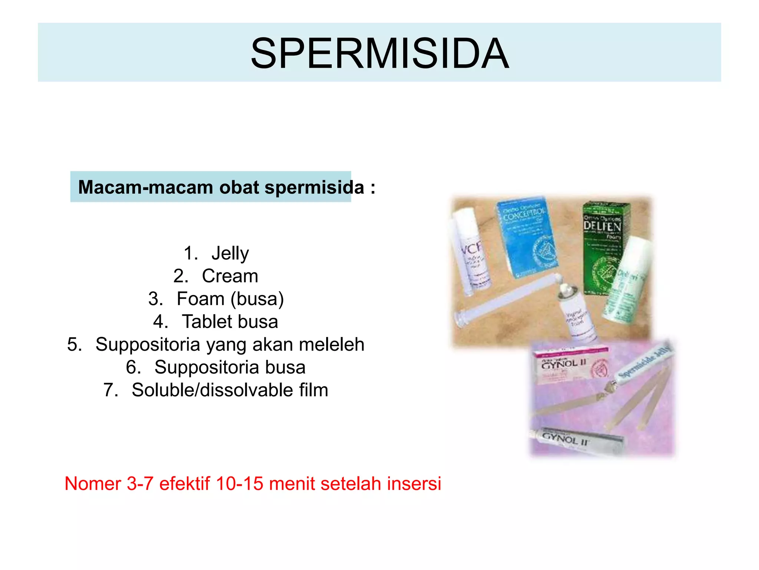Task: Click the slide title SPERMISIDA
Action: coord(379,54)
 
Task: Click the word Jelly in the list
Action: coord(230,254)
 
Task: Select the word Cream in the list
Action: coord(230,276)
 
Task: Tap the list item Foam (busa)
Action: coord(230,299)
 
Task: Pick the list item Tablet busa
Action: coord(230,322)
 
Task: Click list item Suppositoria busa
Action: coord(230,367)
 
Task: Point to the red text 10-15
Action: coord(239,484)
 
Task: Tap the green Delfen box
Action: coord(602,245)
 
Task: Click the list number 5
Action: coord(74,344)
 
